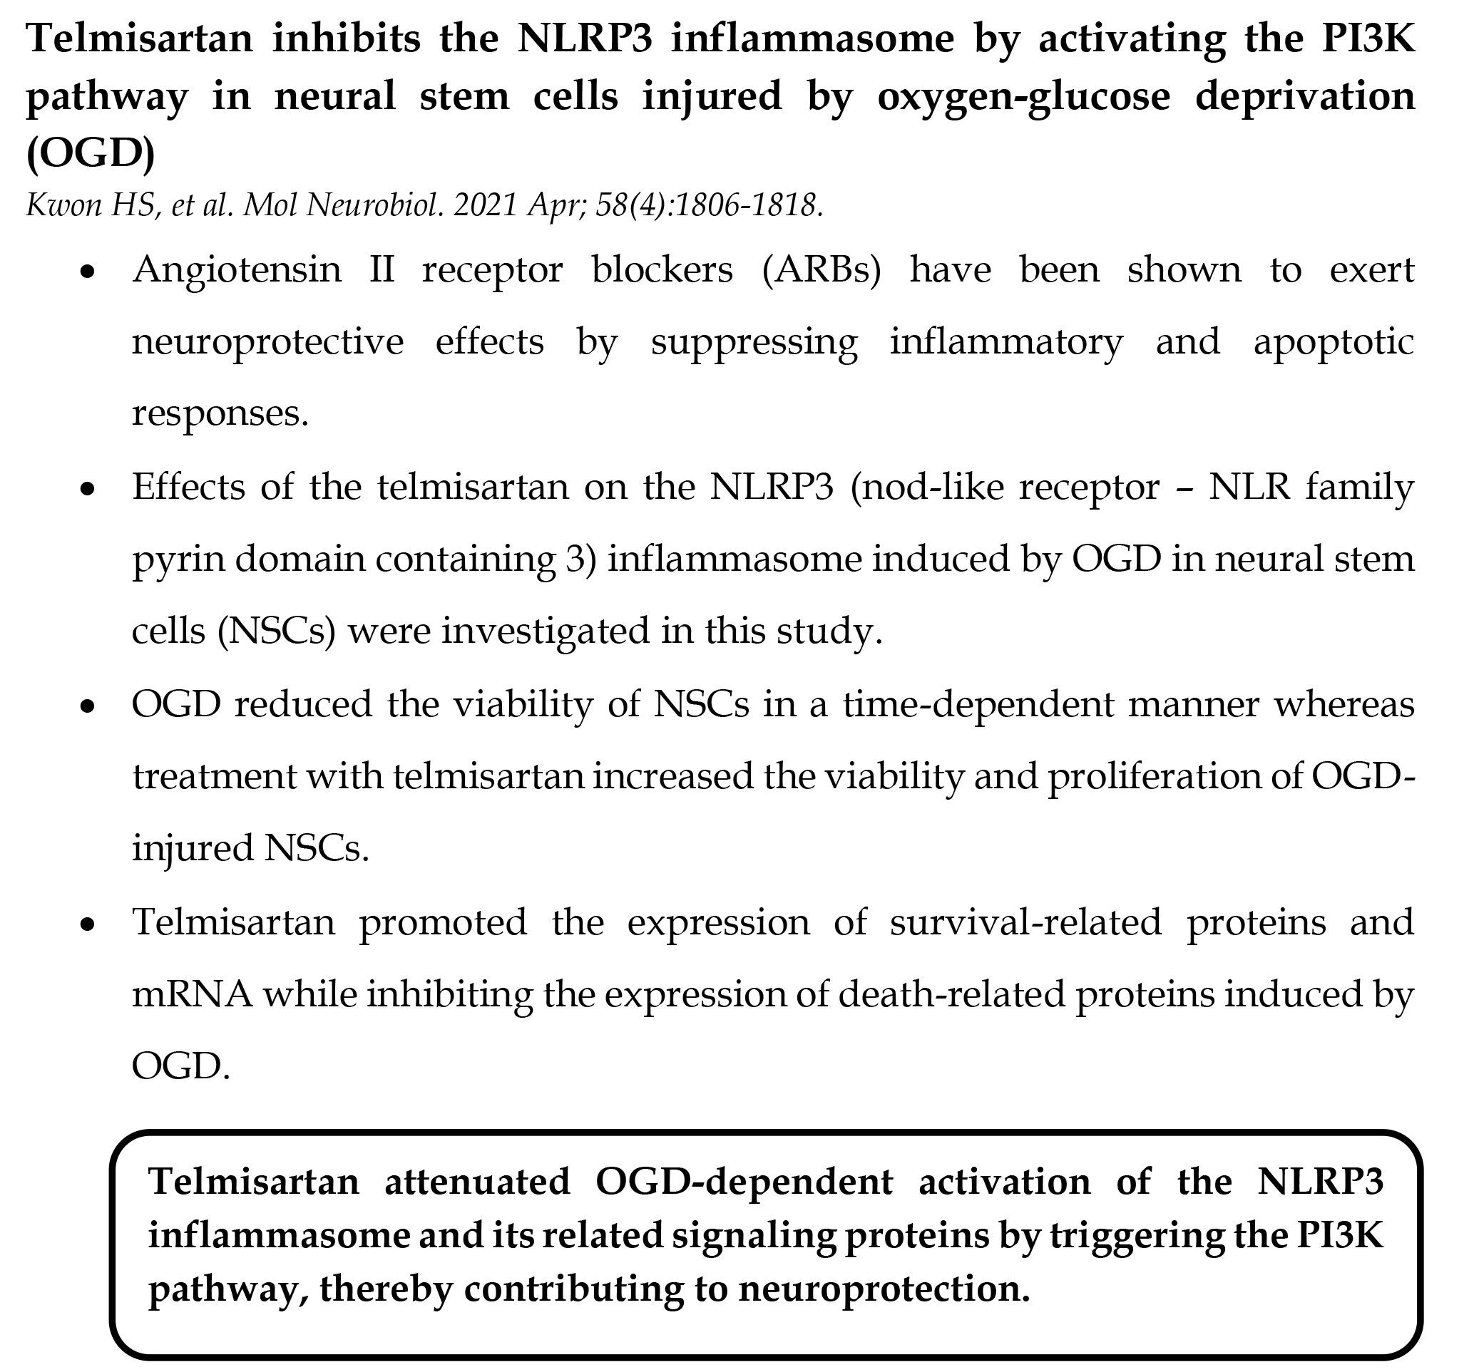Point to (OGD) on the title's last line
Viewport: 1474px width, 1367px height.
[91, 154]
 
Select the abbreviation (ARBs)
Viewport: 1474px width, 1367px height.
[822, 270]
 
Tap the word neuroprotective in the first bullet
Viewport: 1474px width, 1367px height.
[268, 343]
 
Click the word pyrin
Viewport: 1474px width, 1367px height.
[178, 560]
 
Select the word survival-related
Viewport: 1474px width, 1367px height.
[1025, 922]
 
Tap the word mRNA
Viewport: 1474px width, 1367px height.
[193, 995]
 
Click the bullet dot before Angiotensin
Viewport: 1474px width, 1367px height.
[88, 272]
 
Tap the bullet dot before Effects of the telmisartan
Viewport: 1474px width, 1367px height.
[88, 490]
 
